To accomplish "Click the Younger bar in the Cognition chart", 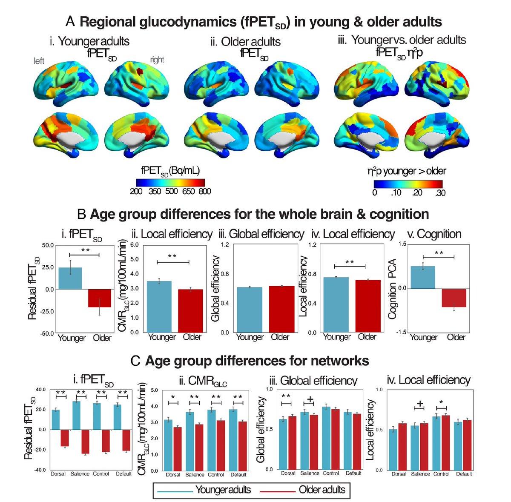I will [423, 277].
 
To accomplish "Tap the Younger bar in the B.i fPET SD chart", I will [70, 278].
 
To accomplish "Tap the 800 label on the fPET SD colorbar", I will [204, 191].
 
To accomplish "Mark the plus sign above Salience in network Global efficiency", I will [310, 399].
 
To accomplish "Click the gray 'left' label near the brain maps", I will [39, 61].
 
